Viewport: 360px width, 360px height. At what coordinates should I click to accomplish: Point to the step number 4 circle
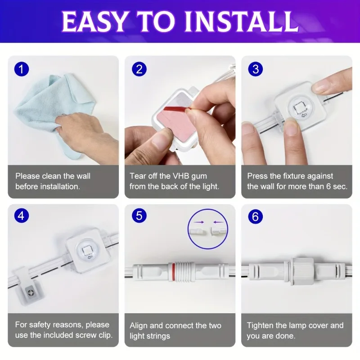(21, 216)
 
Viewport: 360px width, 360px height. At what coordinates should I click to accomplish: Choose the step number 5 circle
(139, 216)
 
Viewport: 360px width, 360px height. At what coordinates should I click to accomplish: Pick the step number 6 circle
(256, 216)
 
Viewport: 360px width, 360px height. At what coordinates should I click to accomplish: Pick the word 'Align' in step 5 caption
(139, 325)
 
